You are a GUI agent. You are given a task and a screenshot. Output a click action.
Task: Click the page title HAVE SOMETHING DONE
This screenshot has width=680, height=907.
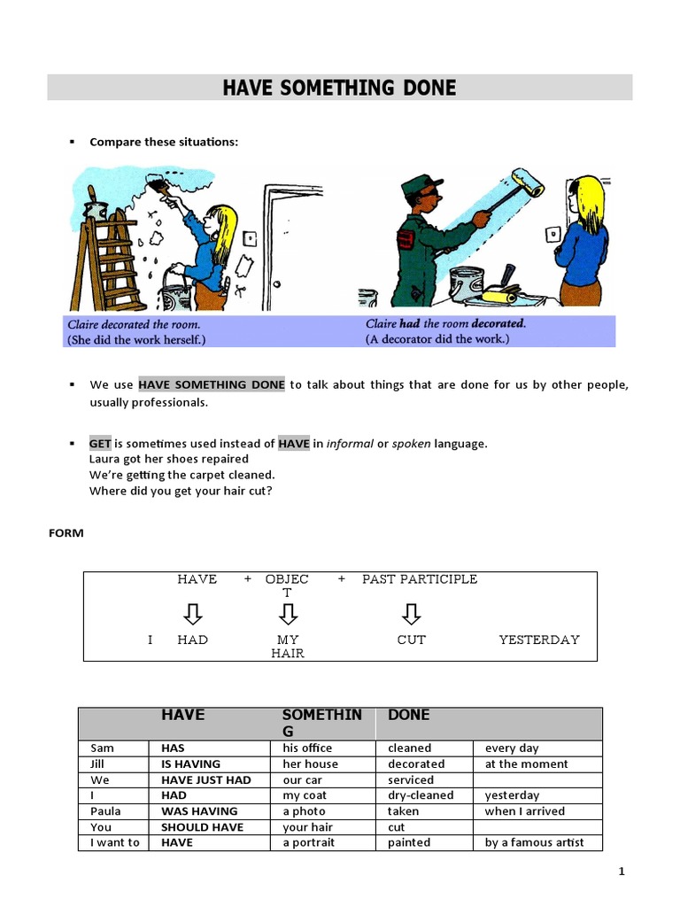[339, 88]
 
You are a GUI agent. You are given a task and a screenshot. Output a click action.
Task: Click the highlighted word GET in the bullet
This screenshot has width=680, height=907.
[100, 444]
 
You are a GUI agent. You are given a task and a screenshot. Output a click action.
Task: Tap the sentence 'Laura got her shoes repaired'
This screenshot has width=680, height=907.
[169, 459]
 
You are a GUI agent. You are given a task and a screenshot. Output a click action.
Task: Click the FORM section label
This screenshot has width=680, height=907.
[66, 533]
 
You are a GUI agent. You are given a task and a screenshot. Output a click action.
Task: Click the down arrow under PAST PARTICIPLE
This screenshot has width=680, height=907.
[411, 613]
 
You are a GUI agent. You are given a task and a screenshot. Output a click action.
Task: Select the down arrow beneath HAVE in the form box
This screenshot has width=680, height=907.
[193, 613]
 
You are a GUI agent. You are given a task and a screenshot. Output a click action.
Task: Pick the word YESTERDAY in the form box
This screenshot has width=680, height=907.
[538, 640]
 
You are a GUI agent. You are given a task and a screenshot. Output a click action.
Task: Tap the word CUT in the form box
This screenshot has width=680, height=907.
[411, 640]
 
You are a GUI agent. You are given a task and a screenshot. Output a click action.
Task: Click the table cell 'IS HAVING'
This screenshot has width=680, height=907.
[190, 764]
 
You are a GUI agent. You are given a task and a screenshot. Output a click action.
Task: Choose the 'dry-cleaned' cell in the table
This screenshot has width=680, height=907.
[420, 795]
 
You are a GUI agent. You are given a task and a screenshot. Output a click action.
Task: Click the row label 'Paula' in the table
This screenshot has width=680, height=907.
[105, 811]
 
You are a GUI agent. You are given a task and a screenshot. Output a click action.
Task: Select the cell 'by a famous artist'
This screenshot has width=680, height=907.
[534, 842]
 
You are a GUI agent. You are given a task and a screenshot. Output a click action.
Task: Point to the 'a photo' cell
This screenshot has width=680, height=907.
[304, 811]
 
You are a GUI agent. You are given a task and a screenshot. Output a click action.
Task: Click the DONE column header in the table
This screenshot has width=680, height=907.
[408, 715]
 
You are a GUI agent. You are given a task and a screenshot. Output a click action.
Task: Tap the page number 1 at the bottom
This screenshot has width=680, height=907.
[621, 872]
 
